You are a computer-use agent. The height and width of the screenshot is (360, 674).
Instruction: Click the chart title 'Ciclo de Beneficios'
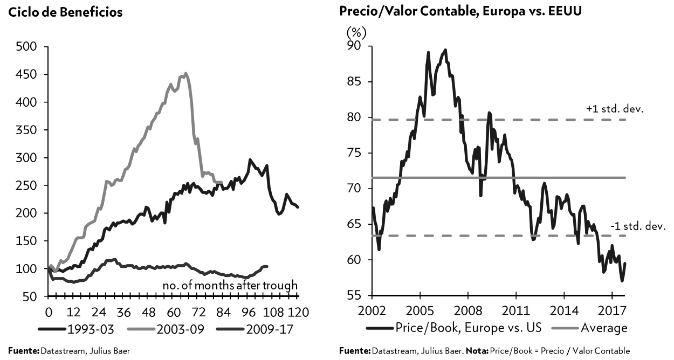(65, 12)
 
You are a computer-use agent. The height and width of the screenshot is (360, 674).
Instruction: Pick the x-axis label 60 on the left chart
(173, 312)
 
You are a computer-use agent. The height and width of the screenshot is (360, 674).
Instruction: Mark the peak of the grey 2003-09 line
(185, 73)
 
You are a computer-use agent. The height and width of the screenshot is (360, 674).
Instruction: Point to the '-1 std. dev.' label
(638, 226)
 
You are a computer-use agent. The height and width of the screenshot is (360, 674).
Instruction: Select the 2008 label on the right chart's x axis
(467, 312)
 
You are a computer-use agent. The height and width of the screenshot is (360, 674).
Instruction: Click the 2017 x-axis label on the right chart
(612, 312)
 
